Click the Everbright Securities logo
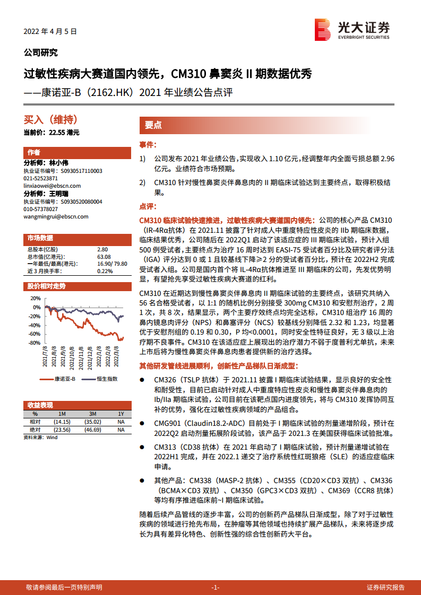click(x=352, y=29)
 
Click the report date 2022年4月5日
click(x=50, y=32)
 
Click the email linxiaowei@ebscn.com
click(x=52, y=186)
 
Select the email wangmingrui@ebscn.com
click(x=56, y=216)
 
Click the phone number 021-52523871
click(x=45, y=179)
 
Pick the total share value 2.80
click(x=102, y=249)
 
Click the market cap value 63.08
click(x=104, y=257)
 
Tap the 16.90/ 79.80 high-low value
click(x=112, y=264)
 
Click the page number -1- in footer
click(x=216, y=587)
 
